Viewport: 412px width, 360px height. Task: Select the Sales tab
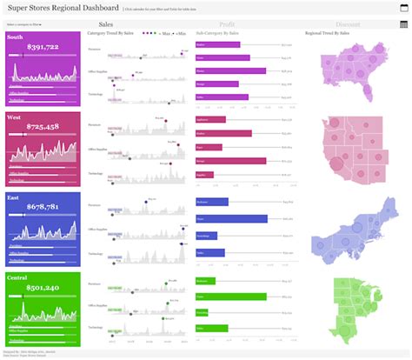[x=105, y=24]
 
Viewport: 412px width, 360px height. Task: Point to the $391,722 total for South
[x=43, y=46]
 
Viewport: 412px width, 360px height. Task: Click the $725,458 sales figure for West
[x=43, y=127]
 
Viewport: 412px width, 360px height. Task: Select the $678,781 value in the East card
[x=43, y=207]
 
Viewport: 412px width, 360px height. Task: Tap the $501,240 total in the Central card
[x=43, y=288]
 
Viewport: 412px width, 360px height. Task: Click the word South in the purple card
[x=15, y=37]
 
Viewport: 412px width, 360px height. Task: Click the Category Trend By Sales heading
[x=110, y=34]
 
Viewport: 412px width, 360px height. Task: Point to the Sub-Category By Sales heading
[x=217, y=34]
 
